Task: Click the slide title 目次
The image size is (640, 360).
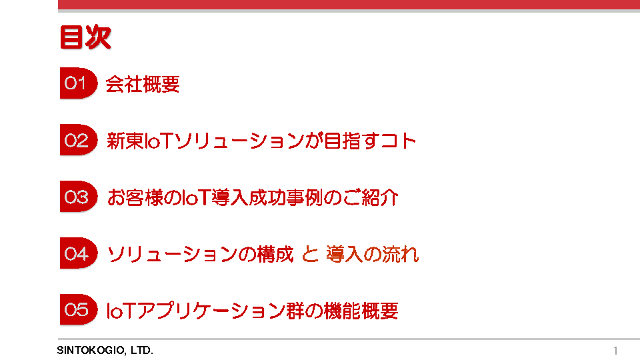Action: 85,37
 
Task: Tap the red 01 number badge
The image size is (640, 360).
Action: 79,83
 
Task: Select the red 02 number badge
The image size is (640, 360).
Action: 79,140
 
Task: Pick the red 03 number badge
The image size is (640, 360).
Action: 79,197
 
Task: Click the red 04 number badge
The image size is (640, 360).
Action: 79,253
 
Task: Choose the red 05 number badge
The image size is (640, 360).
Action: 79,310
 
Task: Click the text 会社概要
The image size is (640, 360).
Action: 143,85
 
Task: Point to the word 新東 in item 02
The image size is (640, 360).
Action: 125,141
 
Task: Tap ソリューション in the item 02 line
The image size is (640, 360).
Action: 239,141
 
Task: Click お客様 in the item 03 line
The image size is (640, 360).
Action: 135,197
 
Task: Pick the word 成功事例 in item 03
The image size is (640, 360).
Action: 286,197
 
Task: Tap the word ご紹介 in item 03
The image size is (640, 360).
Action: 371,197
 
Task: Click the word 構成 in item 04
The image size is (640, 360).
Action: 275,254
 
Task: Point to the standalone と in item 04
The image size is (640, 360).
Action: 310,254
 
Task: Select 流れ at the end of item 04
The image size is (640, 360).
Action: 401,254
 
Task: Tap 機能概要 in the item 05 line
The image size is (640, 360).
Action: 361,311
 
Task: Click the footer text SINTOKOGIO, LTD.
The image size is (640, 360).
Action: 105,350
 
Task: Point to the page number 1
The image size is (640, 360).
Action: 615,351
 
